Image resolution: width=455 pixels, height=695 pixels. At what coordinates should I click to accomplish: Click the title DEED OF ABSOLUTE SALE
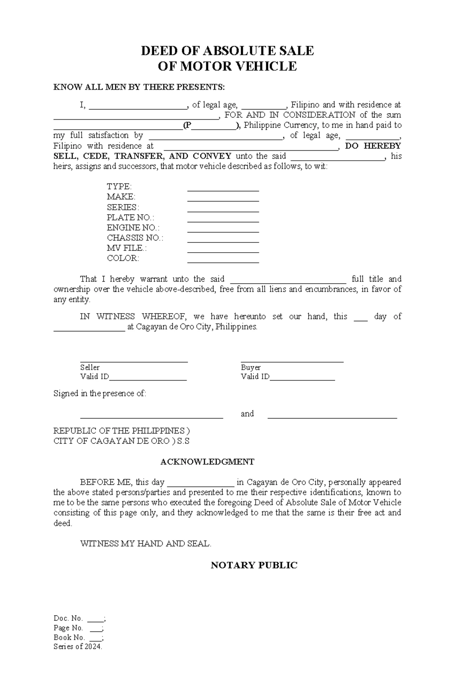pos(227,51)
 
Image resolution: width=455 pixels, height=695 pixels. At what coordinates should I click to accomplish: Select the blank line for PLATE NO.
pos(223,221)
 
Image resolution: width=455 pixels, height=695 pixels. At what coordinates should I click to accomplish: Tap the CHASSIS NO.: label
pos(135,238)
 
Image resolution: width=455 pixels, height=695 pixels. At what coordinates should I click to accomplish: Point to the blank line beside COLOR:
pos(223,262)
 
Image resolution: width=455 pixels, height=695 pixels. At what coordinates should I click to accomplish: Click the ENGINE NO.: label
pos(133,228)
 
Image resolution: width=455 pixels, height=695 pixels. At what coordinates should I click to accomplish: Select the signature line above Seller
pos(134,362)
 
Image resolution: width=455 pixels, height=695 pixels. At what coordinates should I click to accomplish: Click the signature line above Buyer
pos(292,362)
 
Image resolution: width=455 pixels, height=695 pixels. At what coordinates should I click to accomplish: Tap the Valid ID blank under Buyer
pos(302,379)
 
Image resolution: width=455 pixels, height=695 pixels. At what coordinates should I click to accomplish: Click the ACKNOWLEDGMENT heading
pos(207,462)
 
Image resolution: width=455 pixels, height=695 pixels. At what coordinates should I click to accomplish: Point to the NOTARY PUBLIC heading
pos(254,565)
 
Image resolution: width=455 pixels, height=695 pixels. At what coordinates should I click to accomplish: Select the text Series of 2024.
pos(78,647)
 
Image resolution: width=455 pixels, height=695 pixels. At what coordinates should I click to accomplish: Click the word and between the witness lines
pos(247,414)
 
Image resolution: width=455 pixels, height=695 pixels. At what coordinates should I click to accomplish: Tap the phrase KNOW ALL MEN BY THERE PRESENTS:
pos(139,87)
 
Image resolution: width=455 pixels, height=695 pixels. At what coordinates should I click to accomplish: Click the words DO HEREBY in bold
pos(373,146)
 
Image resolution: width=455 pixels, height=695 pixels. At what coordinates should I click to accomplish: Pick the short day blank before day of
pos(360,320)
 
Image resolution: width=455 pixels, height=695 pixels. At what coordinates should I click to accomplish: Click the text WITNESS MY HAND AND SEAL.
pos(146,544)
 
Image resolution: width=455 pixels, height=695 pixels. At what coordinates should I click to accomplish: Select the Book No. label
pos(68,637)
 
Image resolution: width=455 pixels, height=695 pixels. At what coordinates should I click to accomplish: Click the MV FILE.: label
pos(126,248)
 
